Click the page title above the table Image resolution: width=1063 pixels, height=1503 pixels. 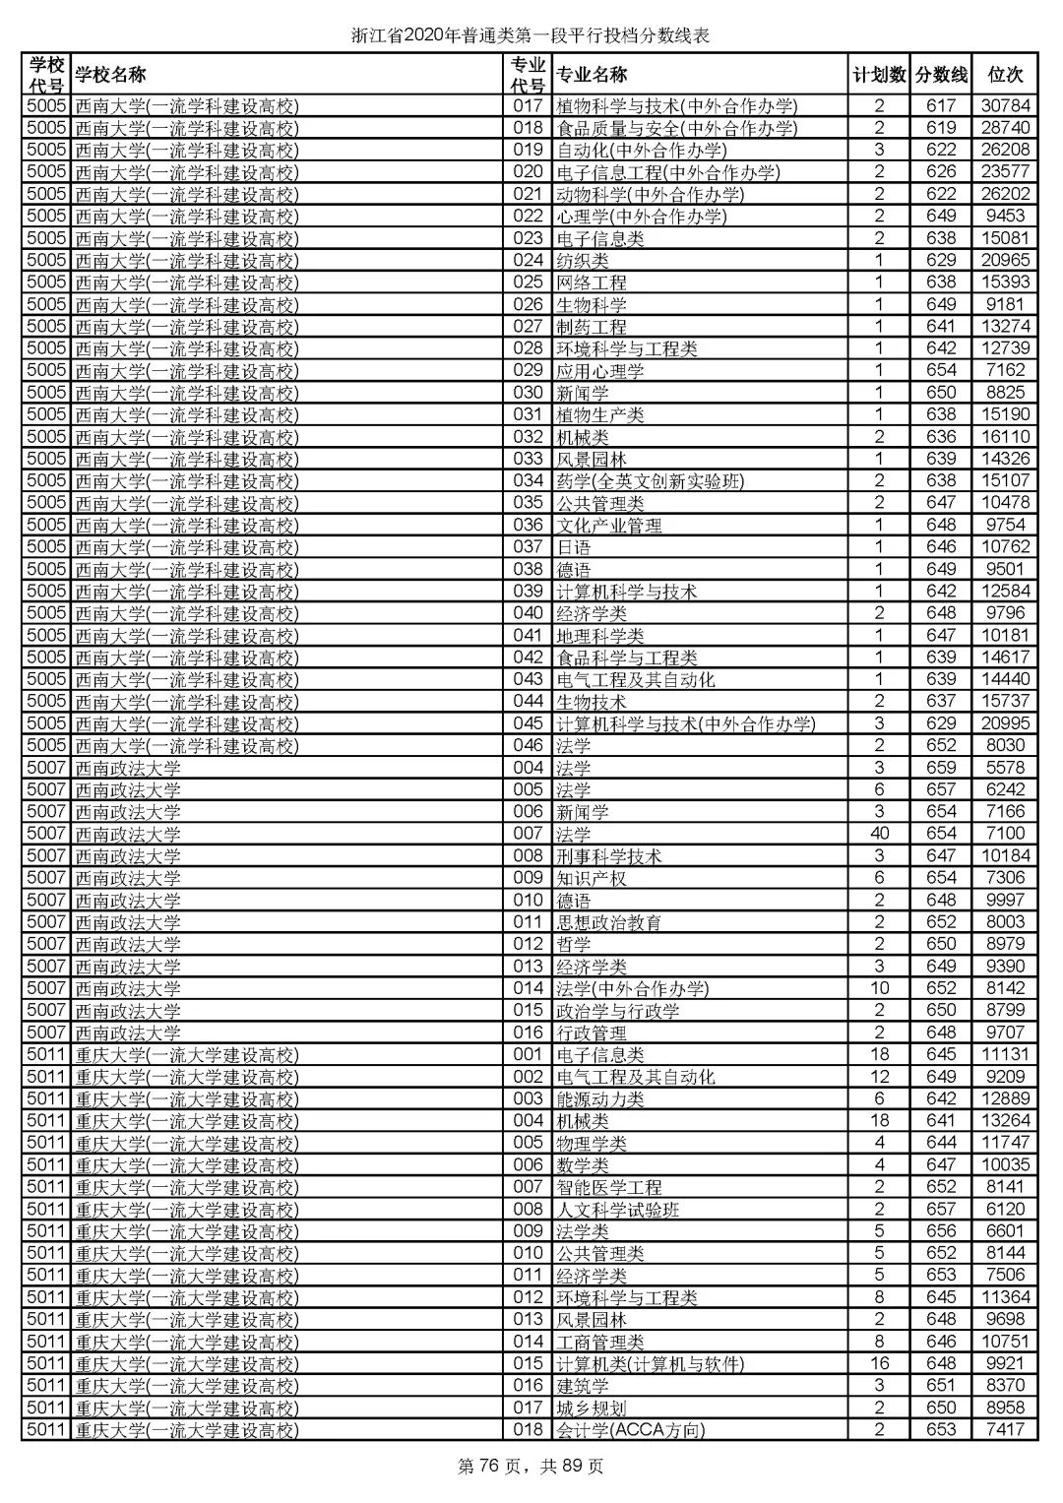point(531,36)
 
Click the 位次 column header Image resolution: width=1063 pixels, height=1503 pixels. point(1004,75)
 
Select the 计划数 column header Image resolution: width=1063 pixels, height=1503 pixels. point(879,75)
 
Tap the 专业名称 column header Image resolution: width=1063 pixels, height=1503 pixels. point(592,75)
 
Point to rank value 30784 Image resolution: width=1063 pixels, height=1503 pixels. point(1004,106)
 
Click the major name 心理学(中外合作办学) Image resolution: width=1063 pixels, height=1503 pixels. point(641,217)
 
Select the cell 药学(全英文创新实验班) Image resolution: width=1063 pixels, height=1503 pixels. point(650,481)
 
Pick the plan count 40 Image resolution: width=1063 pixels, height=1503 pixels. point(879,834)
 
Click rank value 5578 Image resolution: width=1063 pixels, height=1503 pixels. point(1004,768)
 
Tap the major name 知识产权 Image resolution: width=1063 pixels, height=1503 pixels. point(592,878)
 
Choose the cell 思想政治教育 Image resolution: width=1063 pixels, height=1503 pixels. point(609,922)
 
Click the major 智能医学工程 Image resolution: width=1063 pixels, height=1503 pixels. point(609,1187)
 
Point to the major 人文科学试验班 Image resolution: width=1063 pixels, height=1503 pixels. point(618,1209)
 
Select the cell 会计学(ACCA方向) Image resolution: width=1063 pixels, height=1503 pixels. point(631,1429)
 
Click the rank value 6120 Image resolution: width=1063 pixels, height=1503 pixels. point(1004,1209)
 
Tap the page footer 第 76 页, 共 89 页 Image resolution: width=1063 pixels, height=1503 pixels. point(531,1467)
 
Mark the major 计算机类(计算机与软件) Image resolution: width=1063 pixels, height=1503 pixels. point(650,1363)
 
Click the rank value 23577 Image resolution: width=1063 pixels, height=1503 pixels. point(1004,172)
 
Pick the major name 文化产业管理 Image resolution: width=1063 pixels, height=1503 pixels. point(609,526)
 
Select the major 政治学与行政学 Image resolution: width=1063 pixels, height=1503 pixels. point(618,1010)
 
